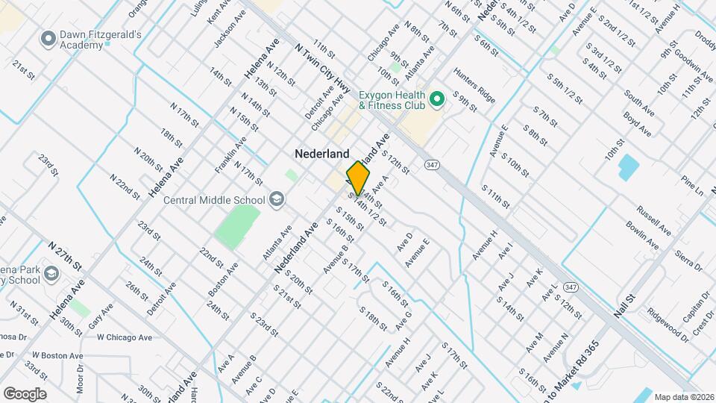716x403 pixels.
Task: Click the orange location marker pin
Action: coord(358,178)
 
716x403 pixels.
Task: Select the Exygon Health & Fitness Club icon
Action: coord(438,99)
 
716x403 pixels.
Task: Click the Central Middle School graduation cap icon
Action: coord(277,199)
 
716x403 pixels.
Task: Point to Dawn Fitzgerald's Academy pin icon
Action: coord(49,37)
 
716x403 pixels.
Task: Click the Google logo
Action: coord(25,394)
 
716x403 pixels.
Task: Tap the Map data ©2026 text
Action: coord(683,396)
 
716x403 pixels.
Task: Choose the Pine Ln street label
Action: coord(692,186)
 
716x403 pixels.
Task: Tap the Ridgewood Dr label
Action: coord(668,322)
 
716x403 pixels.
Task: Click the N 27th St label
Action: coord(65,254)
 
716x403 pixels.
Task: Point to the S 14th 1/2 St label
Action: coord(371,211)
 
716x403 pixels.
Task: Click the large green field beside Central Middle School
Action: coord(237,227)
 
